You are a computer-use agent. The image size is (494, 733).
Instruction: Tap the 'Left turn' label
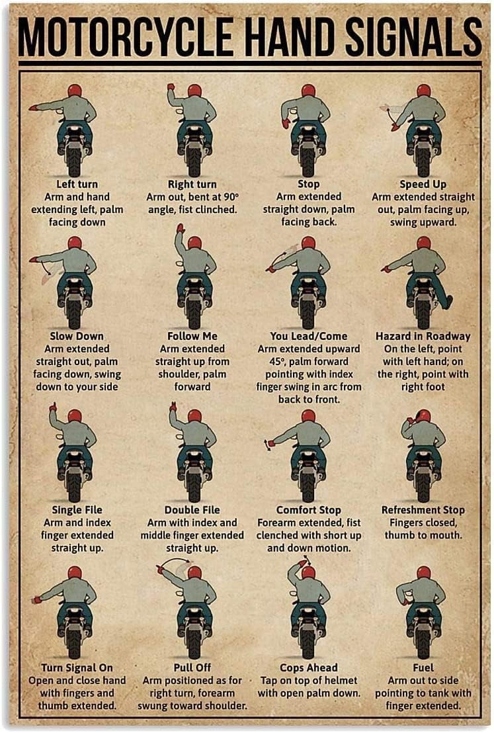(77, 184)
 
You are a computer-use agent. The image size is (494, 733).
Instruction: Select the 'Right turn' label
(192, 184)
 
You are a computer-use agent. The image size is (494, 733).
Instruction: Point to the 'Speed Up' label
(423, 184)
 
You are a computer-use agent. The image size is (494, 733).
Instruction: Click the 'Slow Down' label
(77, 336)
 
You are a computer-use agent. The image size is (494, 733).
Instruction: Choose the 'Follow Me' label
(192, 336)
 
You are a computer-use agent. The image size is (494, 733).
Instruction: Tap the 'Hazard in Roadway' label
(423, 336)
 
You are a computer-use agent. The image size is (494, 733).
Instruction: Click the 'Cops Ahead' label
(308, 668)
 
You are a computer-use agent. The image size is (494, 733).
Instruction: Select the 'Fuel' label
(423, 668)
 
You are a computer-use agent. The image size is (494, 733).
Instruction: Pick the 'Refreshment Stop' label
(423, 510)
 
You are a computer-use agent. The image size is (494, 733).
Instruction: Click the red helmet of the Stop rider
(308, 91)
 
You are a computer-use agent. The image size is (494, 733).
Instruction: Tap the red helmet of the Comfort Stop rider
(308, 416)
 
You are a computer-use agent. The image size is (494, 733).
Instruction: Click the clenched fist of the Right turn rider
(171, 87)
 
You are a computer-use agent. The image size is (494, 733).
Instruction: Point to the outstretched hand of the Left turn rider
(32, 107)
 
